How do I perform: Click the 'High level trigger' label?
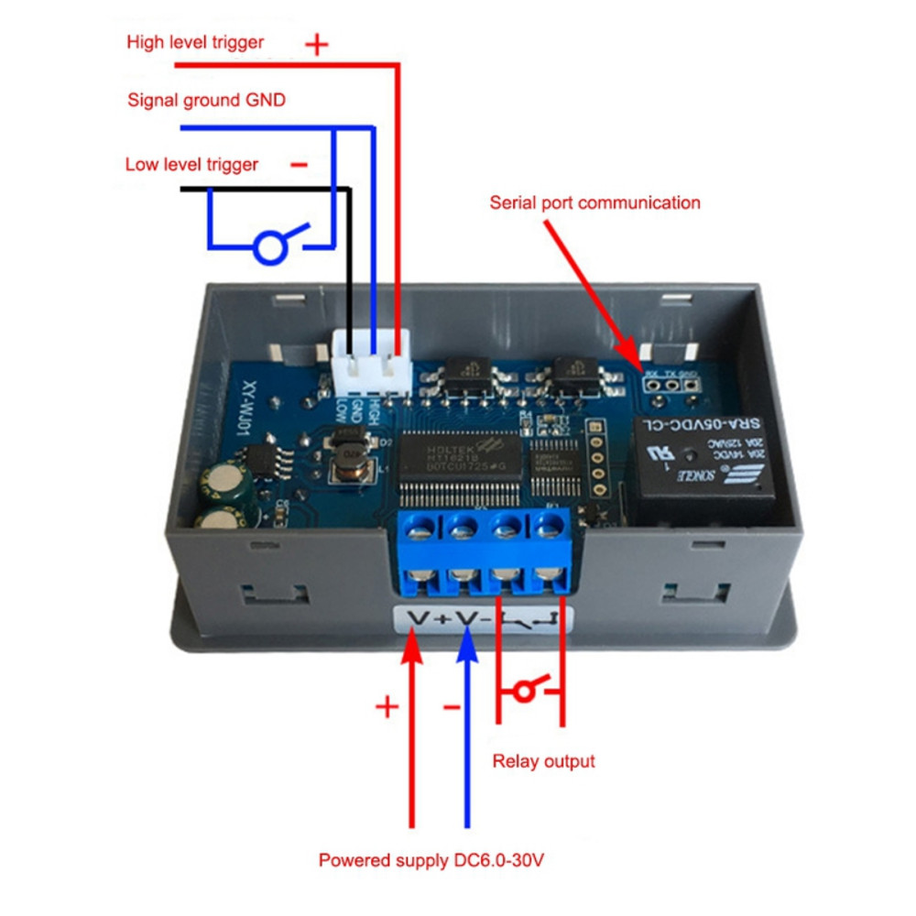pos(195,42)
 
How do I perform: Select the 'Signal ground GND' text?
pos(206,100)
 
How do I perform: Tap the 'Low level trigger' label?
pos(191,165)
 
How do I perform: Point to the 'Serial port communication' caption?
pos(594,202)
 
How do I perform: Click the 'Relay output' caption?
pos(543,760)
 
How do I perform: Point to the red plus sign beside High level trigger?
pos(316,44)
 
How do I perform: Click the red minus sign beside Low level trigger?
pos(299,165)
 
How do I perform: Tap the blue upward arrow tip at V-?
pos(468,638)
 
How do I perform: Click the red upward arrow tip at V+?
pos(412,638)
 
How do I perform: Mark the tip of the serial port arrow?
pos(631,361)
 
